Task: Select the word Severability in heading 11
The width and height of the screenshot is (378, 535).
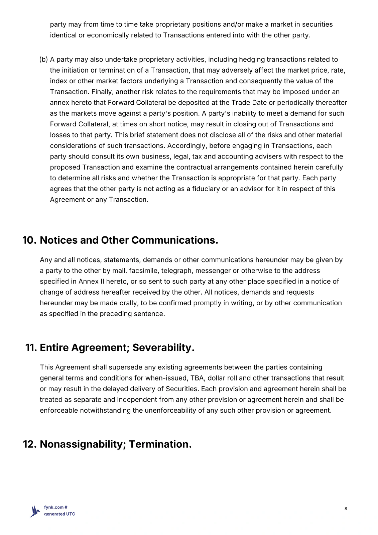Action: click(163, 347)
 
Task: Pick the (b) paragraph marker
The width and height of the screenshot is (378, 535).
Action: click(44, 60)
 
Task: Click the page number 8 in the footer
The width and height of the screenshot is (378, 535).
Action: click(346, 509)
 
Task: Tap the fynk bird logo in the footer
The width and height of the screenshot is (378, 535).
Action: click(35, 511)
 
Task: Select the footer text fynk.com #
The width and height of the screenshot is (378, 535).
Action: click(56, 507)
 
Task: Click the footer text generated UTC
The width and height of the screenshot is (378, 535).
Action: click(59, 514)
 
